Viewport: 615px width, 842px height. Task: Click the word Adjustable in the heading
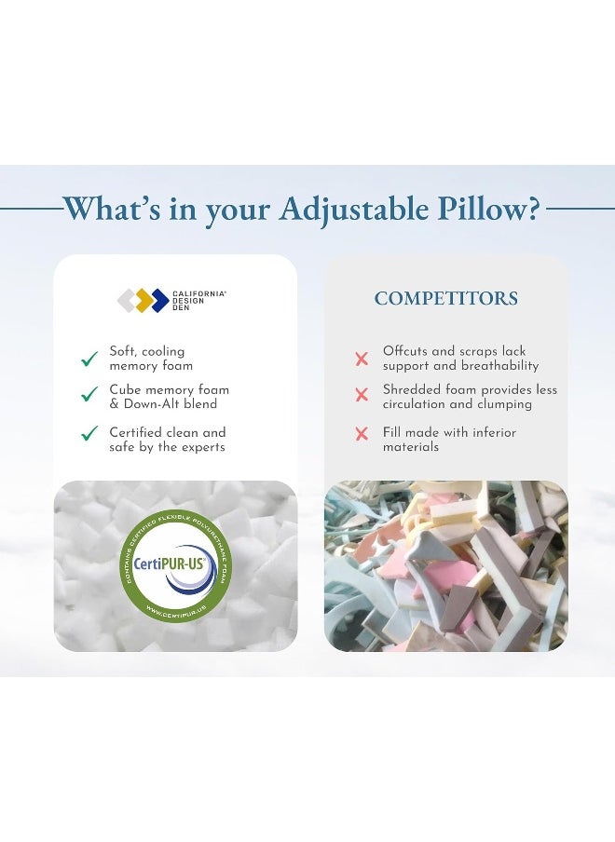pyautogui.click(x=344, y=209)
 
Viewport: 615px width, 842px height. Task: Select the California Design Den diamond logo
pyautogui.click(x=143, y=300)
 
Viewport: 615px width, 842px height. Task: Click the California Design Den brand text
pyautogui.click(x=198, y=300)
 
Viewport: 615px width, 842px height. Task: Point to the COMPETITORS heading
pyautogui.click(x=446, y=299)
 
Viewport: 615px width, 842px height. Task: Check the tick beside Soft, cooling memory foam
pyautogui.click(x=89, y=359)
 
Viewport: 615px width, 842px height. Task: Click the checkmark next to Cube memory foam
pyautogui.click(x=89, y=395)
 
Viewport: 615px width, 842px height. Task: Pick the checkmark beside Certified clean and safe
pyautogui.click(x=89, y=433)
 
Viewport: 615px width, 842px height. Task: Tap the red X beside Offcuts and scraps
pyautogui.click(x=362, y=359)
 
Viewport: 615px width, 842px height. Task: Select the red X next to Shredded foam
pyautogui.click(x=362, y=395)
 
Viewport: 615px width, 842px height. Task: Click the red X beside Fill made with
pyautogui.click(x=362, y=433)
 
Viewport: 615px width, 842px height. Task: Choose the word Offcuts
pyautogui.click(x=406, y=351)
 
